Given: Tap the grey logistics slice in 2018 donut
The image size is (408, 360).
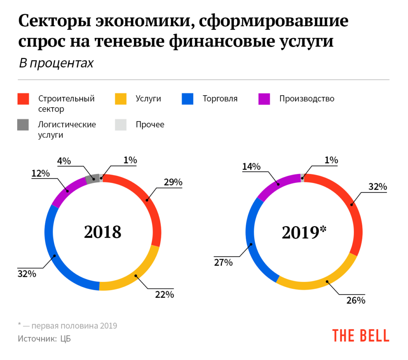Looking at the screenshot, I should [x=92, y=179].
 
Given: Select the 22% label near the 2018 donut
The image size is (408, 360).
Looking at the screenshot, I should [x=165, y=295].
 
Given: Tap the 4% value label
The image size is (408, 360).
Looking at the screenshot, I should [x=64, y=161].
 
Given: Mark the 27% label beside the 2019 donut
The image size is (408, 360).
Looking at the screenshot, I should [x=223, y=262].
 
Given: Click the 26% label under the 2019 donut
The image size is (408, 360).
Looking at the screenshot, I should [x=355, y=300].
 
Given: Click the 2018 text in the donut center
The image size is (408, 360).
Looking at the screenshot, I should [x=102, y=232].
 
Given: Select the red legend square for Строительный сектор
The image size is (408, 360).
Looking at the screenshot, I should [x=23, y=99].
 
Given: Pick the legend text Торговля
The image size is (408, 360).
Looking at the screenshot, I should [x=220, y=99].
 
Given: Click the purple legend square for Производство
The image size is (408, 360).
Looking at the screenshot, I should [x=265, y=99].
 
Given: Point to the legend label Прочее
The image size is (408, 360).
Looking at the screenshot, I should [x=150, y=125].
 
